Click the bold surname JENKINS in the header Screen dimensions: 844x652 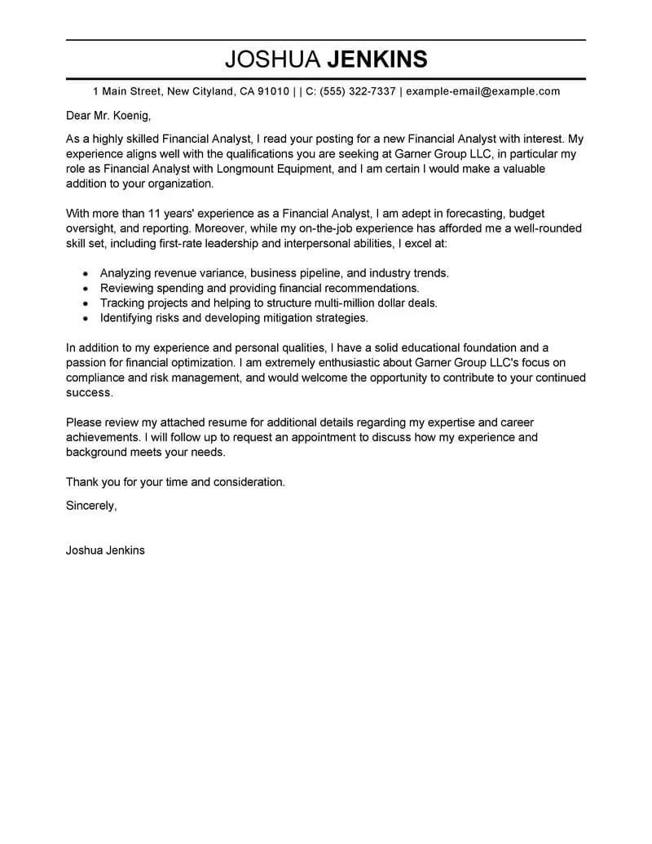[377, 60]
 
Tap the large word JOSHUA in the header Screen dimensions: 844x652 [272, 60]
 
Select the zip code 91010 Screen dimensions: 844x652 [273, 91]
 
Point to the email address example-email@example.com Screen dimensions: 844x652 [482, 91]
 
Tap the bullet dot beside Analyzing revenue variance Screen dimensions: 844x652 [86, 274]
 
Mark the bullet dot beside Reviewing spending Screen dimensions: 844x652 [86, 289]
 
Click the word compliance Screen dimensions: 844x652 [96, 378]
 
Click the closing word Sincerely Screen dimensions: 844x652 [90, 506]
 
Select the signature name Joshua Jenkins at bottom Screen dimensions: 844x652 [105, 550]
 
